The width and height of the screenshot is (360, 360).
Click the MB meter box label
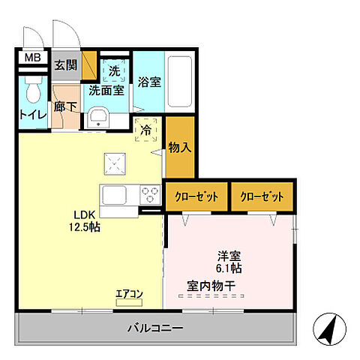pos(33,58)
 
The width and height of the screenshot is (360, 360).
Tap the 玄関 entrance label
pos(66,64)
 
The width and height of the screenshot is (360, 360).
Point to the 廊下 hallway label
pos(65,107)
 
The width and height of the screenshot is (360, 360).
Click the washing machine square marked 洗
pos(115,70)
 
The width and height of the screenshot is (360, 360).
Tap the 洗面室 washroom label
pos(106,91)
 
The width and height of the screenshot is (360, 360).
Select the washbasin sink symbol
pos(98,117)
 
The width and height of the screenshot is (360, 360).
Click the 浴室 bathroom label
pos(148,82)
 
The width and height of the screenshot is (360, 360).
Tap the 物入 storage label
pos(180,146)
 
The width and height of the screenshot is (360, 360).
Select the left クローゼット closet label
pos(196,196)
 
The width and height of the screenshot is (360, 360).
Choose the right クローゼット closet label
pos(262,196)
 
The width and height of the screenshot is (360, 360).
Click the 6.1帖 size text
pos(229,268)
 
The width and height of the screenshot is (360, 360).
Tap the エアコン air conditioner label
pos(129,293)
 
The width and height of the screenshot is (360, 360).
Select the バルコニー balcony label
pos(155,328)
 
